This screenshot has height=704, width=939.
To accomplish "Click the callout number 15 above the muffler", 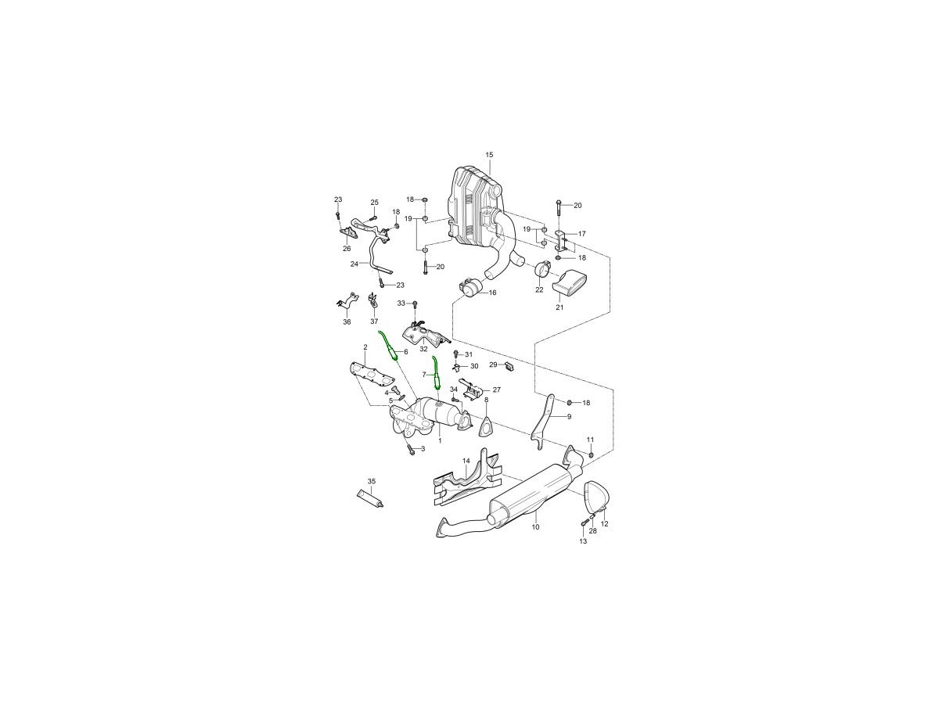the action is click(x=489, y=155).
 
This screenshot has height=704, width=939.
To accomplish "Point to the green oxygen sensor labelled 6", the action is click(x=390, y=348).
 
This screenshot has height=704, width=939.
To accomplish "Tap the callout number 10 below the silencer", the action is click(x=535, y=527).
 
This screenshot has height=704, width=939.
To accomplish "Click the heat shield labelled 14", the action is click(x=466, y=483).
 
